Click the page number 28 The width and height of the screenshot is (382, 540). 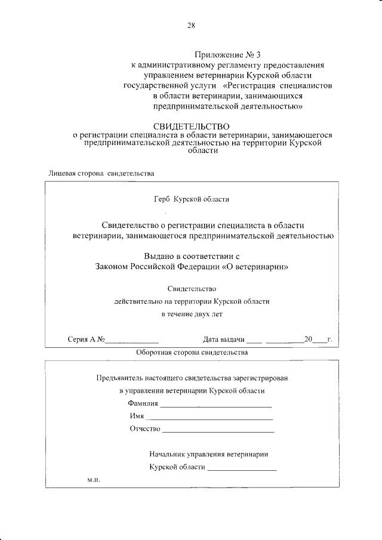click(191, 25)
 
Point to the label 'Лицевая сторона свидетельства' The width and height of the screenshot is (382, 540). click(101, 174)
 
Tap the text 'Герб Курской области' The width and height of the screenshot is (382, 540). click(191, 199)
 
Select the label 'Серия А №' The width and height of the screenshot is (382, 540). click(87, 340)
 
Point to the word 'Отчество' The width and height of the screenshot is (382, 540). click(144, 429)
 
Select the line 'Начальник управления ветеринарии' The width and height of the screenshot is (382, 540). click(209, 454)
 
